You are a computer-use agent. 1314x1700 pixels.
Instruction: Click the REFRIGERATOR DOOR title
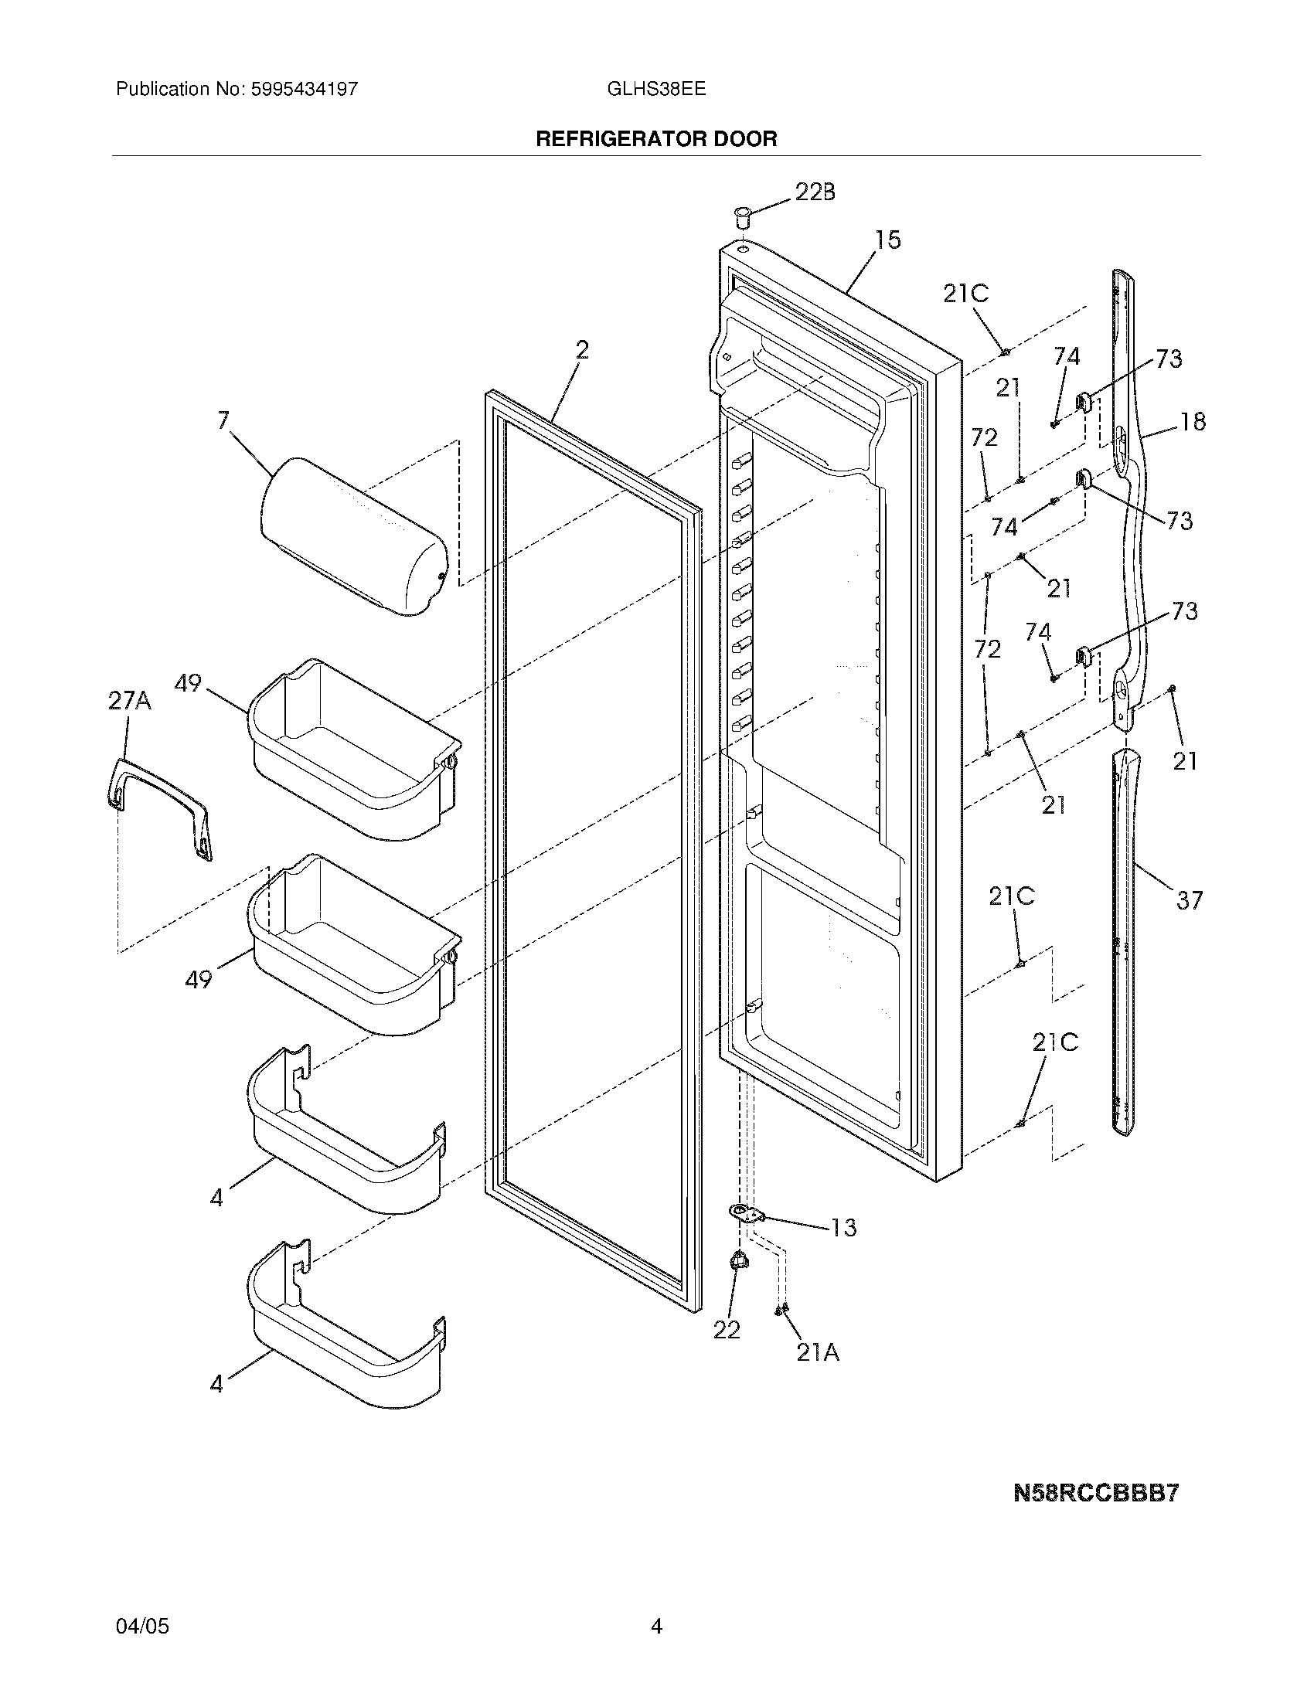coord(656,138)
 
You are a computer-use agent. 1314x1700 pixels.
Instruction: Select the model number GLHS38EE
coord(656,89)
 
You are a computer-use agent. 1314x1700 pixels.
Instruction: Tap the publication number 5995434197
coord(304,89)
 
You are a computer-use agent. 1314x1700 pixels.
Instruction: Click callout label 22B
coord(815,192)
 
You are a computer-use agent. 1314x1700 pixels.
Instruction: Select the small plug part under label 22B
coord(743,214)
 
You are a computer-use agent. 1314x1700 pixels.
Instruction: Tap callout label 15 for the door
coord(887,240)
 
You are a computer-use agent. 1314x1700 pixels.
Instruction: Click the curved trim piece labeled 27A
coord(159,810)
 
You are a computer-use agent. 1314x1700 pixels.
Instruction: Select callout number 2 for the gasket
coord(582,350)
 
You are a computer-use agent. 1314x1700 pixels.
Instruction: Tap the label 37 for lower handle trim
coord(1189,900)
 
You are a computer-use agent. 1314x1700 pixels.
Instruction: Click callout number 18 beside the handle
coord(1193,421)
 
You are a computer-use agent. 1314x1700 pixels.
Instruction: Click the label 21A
coord(818,1354)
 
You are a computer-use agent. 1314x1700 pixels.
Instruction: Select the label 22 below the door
coord(727,1331)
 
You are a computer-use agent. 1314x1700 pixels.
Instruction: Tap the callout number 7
coord(223,421)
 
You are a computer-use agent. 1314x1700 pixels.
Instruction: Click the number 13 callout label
coord(844,1227)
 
